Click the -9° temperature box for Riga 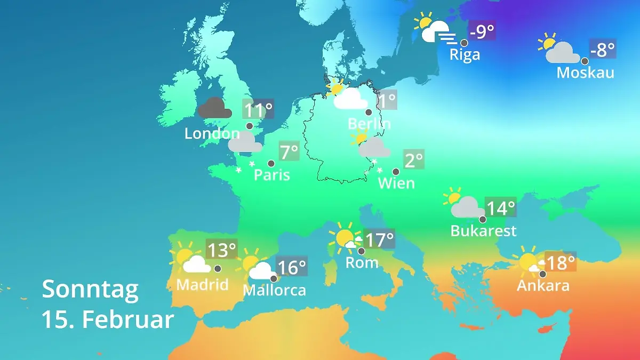tap(482, 32)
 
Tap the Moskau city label tap(585, 72)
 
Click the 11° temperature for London tap(258, 110)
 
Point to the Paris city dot tap(271, 164)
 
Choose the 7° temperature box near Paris tap(289, 152)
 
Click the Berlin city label tap(369, 124)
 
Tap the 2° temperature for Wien tap(414, 160)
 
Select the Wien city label tap(396, 183)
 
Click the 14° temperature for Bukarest tap(501, 207)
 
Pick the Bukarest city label tap(483, 230)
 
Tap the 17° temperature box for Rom tap(379, 239)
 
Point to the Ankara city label tap(543, 285)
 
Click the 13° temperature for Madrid tap(221, 249)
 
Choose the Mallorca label tap(274, 290)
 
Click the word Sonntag tap(90, 289)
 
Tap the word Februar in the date tap(128, 319)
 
